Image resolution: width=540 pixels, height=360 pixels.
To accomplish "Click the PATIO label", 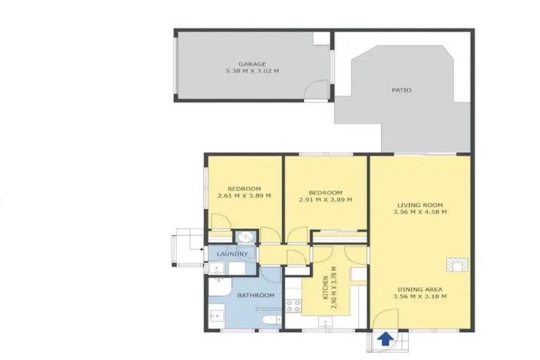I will click(401, 90).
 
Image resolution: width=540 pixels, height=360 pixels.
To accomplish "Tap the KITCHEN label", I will click(325, 289).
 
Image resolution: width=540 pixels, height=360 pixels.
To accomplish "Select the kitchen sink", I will click(326, 322).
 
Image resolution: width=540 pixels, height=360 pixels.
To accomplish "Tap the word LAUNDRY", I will click(233, 254).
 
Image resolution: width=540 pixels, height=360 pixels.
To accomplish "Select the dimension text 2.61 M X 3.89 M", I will click(244, 196).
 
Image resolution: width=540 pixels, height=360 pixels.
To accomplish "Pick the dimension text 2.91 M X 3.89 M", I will click(326, 200).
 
